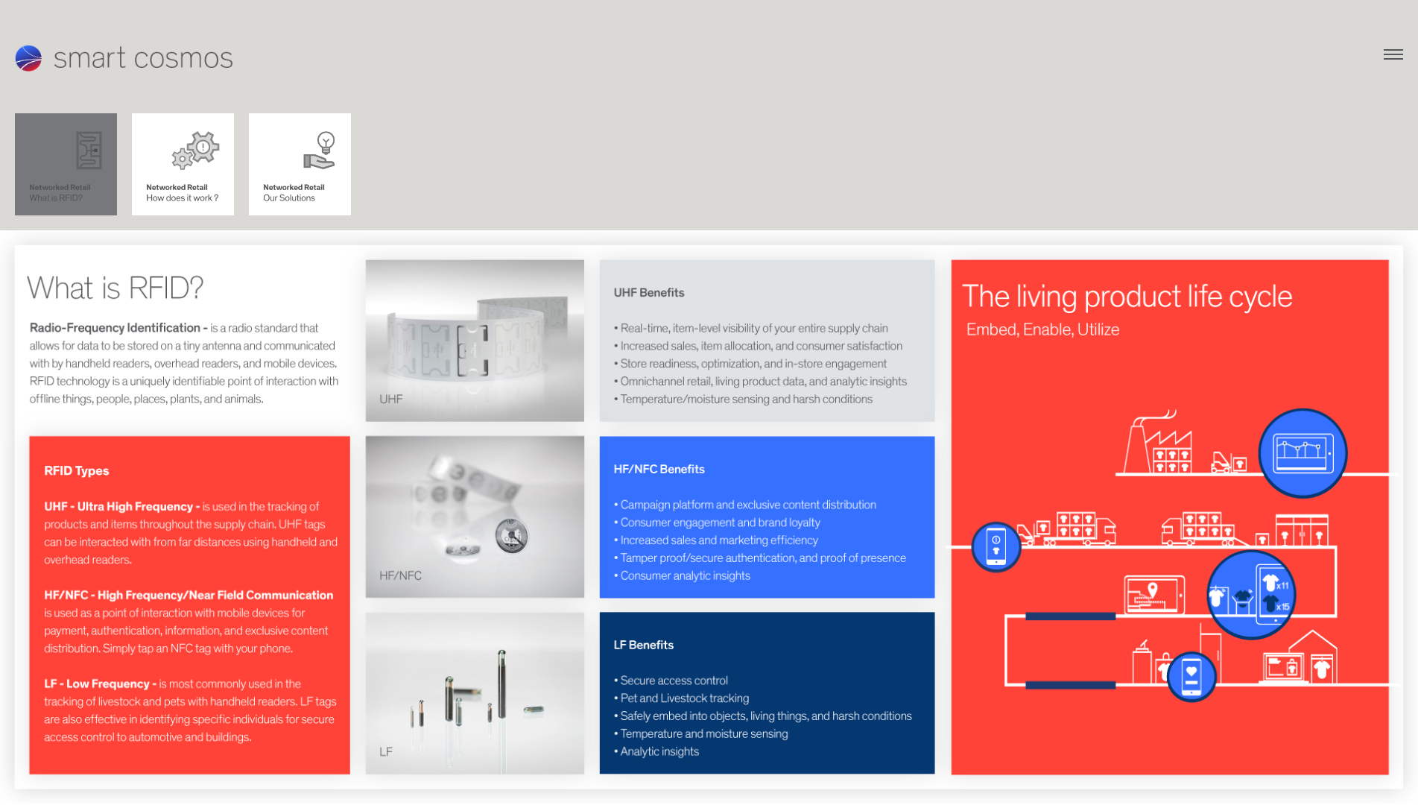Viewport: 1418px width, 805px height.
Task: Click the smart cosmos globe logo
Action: [28, 58]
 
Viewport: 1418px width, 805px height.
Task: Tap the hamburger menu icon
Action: [1393, 54]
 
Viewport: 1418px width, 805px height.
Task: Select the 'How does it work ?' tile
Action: [183, 164]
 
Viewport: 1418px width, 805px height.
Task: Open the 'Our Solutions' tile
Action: [300, 164]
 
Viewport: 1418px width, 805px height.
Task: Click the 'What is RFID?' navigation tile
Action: [66, 164]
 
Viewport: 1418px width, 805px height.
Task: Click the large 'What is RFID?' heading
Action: [115, 288]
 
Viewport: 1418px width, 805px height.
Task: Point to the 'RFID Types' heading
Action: [76, 471]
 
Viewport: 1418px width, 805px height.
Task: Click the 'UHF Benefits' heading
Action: [648, 293]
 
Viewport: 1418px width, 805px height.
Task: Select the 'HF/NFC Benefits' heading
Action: [659, 470]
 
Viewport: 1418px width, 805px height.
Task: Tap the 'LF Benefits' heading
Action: [643, 645]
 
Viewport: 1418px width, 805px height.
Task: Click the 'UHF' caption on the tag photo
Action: [390, 400]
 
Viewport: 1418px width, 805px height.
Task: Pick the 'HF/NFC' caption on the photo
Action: [400, 576]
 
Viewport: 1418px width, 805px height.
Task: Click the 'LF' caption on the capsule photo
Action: [385, 752]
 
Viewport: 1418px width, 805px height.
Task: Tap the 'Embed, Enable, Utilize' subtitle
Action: [1042, 329]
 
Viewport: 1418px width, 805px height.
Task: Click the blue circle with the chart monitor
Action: [1302, 453]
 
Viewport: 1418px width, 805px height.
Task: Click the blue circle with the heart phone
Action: [1191, 677]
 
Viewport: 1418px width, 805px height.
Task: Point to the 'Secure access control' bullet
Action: [674, 681]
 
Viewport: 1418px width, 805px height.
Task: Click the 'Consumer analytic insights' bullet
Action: [685, 576]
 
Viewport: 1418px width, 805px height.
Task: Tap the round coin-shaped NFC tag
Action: [511, 535]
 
